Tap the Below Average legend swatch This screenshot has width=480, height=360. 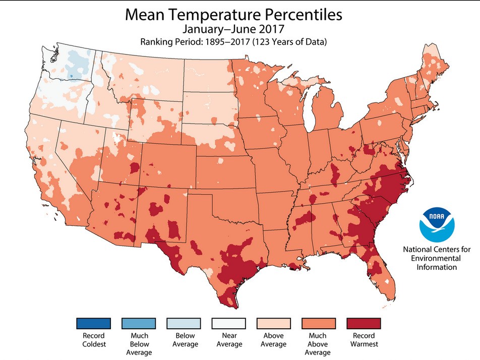click(x=184, y=323)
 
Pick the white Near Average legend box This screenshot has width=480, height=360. click(x=228, y=323)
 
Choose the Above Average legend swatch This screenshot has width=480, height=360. click(x=274, y=323)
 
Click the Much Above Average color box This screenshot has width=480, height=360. click(x=319, y=323)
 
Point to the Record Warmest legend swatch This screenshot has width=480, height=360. click(x=364, y=323)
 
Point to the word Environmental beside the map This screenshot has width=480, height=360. click(x=437, y=258)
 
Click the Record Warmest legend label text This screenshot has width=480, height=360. click(x=364, y=340)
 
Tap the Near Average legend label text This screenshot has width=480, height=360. click(x=228, y=340)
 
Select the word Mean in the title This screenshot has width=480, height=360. click(x=145, y=16)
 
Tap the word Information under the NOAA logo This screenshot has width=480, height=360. click(x=437, y=267)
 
